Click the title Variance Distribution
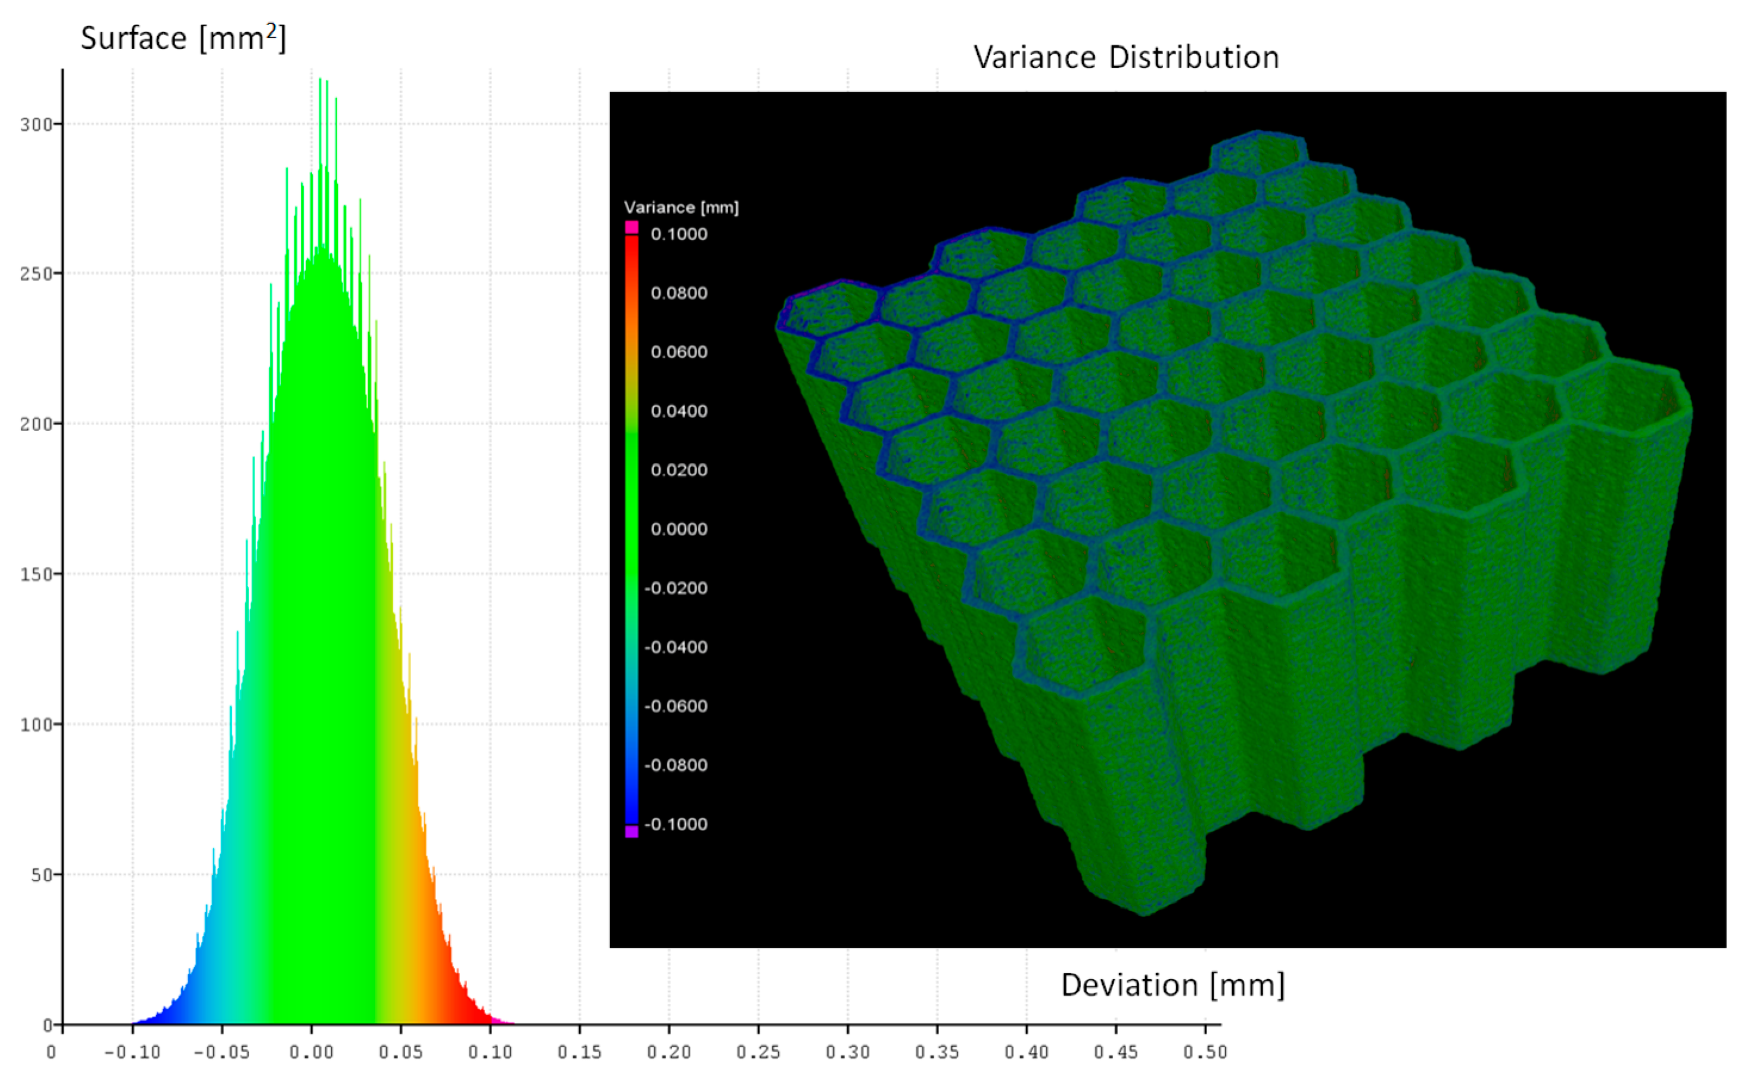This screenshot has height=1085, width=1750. coord(1126,57)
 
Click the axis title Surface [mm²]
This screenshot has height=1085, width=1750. coord(183,38)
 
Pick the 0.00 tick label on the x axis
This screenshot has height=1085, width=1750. coord(311,1052)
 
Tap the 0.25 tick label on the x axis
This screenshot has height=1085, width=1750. coord(758,1052)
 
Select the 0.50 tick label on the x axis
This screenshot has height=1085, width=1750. coord(1205,1052)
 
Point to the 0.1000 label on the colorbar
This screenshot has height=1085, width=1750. coord(679,234)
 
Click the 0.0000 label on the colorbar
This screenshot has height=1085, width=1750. coord(679,529)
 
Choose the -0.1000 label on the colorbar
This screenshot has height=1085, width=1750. coord(676,824)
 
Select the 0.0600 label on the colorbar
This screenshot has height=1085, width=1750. coord(679,352)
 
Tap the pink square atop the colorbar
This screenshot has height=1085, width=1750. coord(631,227)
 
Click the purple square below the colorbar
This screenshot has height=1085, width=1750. coord(631,832)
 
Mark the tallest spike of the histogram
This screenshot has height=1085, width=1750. coord(320,80)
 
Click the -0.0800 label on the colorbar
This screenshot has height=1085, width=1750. coord(676,765)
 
